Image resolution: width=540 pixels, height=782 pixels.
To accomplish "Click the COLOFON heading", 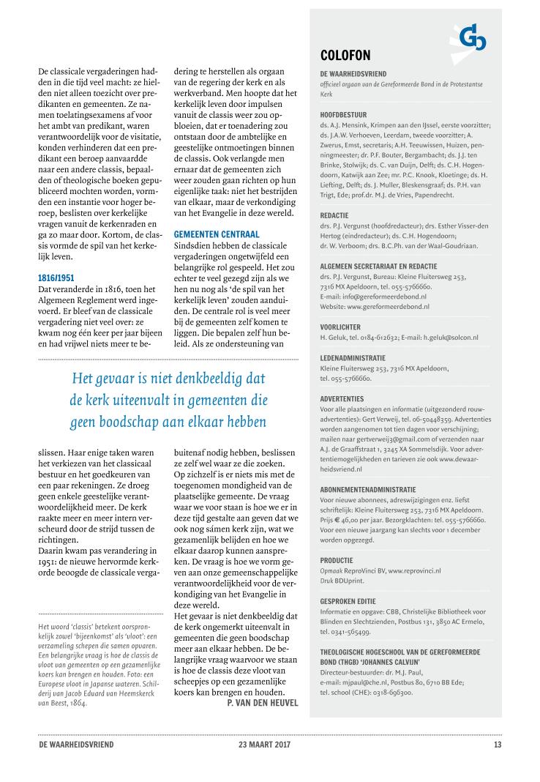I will pos(345,56).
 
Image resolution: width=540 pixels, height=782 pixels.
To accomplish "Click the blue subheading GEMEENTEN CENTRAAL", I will pos(217,233).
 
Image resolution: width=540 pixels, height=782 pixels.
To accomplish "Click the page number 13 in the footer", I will pos(497,745).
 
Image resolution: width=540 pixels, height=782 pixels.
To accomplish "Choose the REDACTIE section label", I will pos(336,216).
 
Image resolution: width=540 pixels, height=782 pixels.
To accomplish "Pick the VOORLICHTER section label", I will pos(341,327).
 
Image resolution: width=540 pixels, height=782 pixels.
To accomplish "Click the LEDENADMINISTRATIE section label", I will pos(356,358).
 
